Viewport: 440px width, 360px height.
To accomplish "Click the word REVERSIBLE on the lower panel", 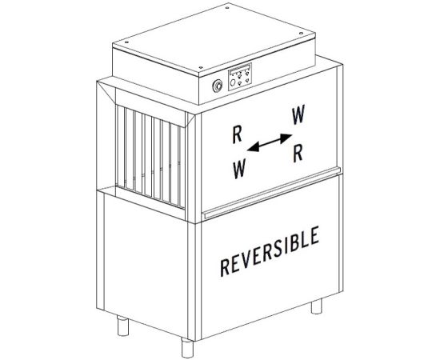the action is (270, 251).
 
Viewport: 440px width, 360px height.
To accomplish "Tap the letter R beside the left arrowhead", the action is (237, 134).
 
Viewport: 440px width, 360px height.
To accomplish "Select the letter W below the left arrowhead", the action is (239, 168).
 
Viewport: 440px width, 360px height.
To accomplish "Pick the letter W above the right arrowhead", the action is (298, 115).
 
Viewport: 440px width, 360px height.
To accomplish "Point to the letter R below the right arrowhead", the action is (298, 154).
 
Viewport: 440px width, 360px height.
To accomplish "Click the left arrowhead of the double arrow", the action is (253, 147).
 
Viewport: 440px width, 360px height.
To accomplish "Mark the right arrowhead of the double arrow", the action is (286, 138).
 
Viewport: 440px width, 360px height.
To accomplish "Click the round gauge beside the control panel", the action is (218, 86).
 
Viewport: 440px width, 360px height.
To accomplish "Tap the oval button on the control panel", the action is (233, 83).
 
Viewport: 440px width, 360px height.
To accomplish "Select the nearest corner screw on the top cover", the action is (201, 67).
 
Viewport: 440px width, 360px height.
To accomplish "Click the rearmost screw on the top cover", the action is (227, 8).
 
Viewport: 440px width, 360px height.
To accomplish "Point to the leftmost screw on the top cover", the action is (126, 42).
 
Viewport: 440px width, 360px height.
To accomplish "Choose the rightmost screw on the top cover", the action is (301, 33).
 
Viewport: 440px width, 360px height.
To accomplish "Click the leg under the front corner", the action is (187, 347).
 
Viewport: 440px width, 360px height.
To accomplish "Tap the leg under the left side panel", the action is (123, 325).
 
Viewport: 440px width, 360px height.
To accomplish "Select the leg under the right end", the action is (317, 306).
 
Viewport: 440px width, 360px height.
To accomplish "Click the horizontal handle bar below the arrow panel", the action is (272, 193).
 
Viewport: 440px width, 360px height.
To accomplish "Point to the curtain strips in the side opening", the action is (150, 156).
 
